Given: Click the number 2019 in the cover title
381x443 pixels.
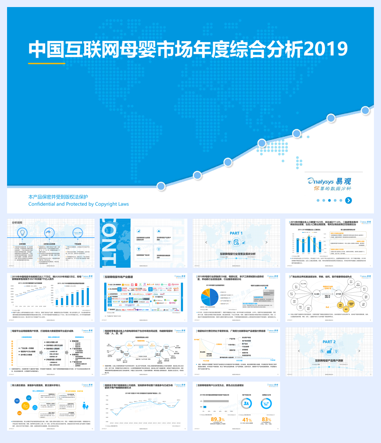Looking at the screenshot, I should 326,49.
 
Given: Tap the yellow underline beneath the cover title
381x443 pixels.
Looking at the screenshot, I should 47,63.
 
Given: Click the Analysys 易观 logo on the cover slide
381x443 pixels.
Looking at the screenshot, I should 329,184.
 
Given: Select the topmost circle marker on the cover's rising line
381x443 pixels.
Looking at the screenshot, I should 365,110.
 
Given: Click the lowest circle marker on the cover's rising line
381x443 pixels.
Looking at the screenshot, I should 161,186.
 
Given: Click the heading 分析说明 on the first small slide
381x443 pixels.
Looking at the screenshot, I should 17,223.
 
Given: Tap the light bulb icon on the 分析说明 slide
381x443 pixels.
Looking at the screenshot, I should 22,233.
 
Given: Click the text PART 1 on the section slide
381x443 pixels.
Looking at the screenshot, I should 236,233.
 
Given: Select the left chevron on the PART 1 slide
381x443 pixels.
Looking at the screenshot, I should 206,242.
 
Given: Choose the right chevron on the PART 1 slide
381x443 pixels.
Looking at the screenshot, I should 266,242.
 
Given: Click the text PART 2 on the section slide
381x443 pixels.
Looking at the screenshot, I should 329,342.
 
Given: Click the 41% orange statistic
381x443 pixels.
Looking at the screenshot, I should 247,420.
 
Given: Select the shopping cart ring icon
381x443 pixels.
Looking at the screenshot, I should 266,403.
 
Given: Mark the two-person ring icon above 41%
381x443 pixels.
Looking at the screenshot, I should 247,403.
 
